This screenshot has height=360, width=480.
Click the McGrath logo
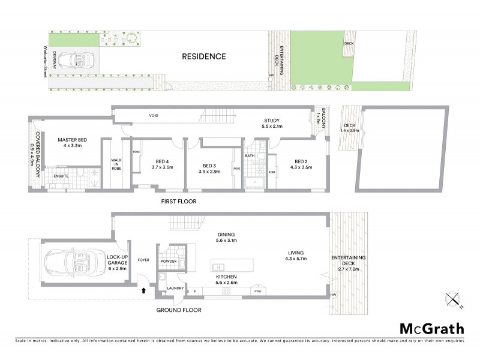[x=431, y=328]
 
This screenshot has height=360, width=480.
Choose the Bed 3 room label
[x=209, y=166]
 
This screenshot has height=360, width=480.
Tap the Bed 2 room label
[x=301, y=161]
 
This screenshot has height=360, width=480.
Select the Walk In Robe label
[x=116, y=164]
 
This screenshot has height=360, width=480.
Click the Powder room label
[x=169, y=261]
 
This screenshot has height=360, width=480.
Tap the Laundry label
[x=175, y=289]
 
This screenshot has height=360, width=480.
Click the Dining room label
[x=226, y=235]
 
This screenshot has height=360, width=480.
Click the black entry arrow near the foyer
[x=143, y=290]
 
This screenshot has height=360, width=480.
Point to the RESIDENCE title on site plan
[x=205, y=57]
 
